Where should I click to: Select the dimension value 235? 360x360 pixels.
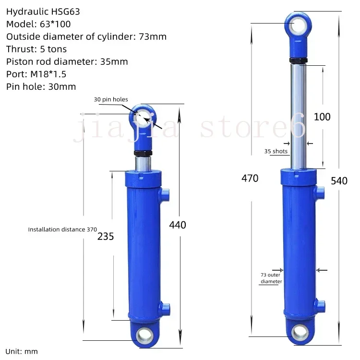[x=106, y=236]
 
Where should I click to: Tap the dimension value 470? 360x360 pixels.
[x=250, y=179]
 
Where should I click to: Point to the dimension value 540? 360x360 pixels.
[x=339, y=180]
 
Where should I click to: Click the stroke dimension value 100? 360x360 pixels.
[x=322, y=117]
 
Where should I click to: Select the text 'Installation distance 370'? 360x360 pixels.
[x=62, y=229]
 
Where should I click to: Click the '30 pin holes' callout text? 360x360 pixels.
[x=111, y=99]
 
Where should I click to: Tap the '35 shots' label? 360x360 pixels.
[x=276, y=151]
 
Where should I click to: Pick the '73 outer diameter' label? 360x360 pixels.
[x=271, y=278]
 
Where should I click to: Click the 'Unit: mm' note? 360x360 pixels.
[x=22, y=351]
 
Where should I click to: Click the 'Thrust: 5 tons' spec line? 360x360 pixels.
[x=36, y=49]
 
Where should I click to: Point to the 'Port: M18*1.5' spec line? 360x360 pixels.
[x=36, y=74]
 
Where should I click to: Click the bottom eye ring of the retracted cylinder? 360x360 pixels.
[x=144, y=335]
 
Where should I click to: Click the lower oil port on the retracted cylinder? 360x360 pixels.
[x=165, y=307]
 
